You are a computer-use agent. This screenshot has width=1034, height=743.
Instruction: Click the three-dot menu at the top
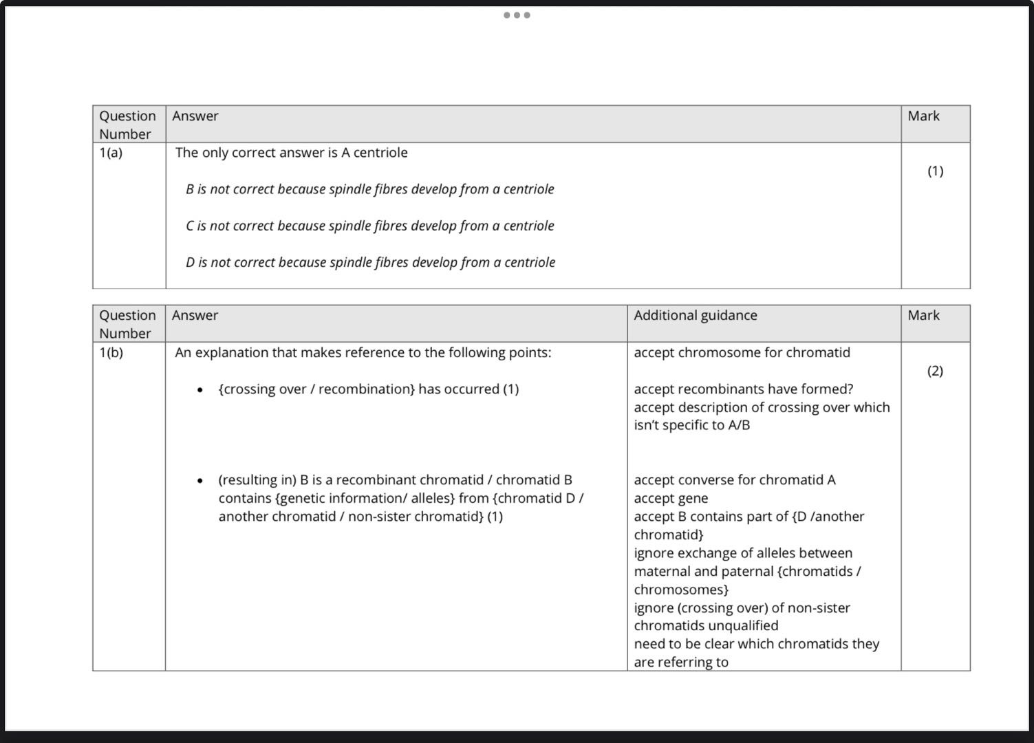click(517, 15)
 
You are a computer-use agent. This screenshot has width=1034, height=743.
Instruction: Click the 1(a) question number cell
click(111, 153)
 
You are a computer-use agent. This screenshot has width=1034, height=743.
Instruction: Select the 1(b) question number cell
click(111, 352)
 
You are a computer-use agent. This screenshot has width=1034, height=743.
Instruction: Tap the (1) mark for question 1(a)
click(935, 171)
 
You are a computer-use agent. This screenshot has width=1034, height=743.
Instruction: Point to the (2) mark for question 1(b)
click(935, 371)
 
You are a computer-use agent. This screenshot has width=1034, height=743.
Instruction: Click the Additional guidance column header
click(695, 316)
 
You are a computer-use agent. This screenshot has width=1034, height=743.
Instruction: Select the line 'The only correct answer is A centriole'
click(291, 153)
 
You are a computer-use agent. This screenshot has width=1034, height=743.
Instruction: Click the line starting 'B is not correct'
click(369, 189)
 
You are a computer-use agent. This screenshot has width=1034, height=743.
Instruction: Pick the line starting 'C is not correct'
click(369, 226)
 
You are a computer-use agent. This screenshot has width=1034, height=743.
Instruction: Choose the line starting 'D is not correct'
click(370, 262)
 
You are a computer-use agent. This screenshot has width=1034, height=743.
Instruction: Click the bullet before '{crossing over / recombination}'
click(200, 390)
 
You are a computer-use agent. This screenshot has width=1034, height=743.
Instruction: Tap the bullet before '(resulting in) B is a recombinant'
click(200, 481)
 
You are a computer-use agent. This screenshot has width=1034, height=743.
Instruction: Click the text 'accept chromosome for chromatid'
click(742, 353)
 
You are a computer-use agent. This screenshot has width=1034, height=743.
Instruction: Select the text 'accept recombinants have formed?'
click(743, 389)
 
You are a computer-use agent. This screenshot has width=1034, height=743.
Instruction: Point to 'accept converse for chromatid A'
click(734, 480)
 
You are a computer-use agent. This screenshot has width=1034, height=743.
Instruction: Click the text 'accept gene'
click(671, 499)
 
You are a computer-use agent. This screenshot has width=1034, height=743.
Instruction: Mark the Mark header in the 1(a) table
click(923, 116)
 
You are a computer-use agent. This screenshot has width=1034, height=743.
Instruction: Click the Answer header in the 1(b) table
click(195, 316)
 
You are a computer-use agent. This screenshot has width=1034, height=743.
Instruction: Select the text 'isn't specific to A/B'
click(691, 425)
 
